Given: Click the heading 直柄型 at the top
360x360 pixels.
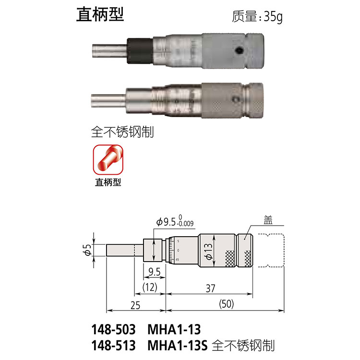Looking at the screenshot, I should click(100, 14).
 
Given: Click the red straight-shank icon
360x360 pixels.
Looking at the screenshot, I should click(108, 160).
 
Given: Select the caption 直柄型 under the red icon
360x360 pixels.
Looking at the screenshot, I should click(108, 182).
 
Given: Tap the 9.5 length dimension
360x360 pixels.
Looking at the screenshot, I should click(155, 272).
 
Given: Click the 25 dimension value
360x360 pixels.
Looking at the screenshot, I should click(136, 305).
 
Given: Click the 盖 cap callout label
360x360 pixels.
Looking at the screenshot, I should click(268, 220).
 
